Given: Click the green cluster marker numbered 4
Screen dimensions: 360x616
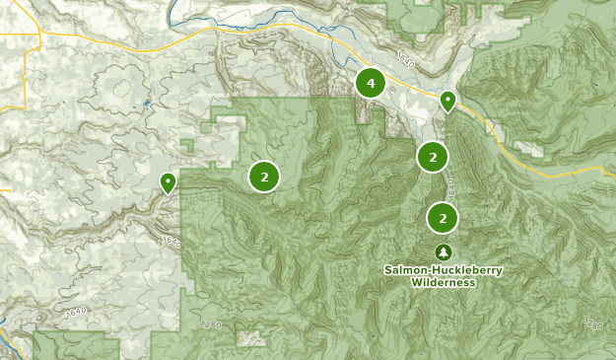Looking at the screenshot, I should point(371,84).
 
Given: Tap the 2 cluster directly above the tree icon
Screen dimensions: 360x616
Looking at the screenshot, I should point(444,218).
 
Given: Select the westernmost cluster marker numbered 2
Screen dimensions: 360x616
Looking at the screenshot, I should point(264,177).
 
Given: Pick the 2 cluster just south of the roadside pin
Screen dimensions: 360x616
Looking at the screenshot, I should point(433,156).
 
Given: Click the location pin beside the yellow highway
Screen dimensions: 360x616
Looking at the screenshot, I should point(447,101).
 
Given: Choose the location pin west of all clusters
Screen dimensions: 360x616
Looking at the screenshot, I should point(168,182).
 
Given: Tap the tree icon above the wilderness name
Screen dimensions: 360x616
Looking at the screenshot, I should point(443,252).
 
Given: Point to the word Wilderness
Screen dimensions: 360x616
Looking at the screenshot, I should point(443,283).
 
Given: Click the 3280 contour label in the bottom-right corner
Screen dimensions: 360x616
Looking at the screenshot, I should point(592,323).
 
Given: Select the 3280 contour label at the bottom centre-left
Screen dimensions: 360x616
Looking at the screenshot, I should point(210,324).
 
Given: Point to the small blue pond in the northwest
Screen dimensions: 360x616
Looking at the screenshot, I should point(147,103).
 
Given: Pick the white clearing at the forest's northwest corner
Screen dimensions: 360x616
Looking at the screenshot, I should point(227,124).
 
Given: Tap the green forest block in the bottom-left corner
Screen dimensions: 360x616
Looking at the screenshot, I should point(74,345).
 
